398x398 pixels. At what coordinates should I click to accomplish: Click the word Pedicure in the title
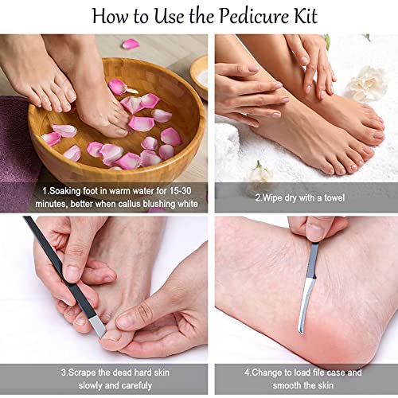254,17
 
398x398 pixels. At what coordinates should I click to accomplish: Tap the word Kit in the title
306,16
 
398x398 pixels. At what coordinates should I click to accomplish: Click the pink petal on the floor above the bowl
131,44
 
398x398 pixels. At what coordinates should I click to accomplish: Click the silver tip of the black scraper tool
97,327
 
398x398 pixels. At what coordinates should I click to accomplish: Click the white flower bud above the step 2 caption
259,173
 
